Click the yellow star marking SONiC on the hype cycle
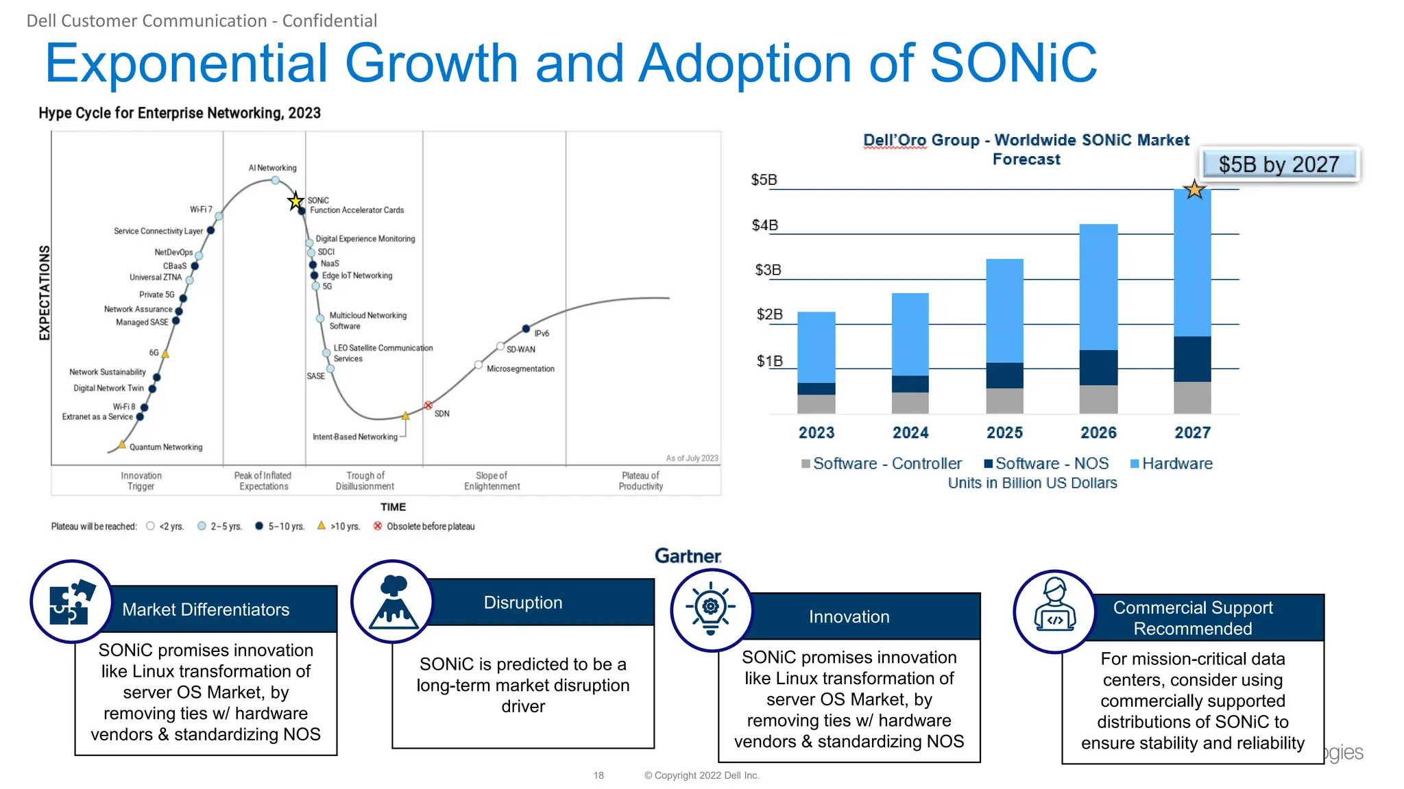click(295, 201)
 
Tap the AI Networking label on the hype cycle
click(272, 168)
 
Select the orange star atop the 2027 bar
click(1194, 189)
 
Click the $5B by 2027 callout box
click(1279, 164)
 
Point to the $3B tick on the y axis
click(768, 270)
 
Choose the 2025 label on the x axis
click(1004, 433)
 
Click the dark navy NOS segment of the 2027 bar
click(1192, 359)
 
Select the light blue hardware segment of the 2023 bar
click(816, 347)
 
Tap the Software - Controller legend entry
click(882, 464)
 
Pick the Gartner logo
click(688, 556)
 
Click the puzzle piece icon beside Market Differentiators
click(71, 602)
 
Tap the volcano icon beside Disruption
click(393, 602)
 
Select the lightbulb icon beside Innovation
click(712, 608)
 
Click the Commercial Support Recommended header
click(1192, 618)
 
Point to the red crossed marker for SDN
click(428, 405)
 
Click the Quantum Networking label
click(166, 447)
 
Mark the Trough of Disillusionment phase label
click(365, 481)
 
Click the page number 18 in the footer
click(598, 775)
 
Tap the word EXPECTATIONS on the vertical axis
click(45, 292)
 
